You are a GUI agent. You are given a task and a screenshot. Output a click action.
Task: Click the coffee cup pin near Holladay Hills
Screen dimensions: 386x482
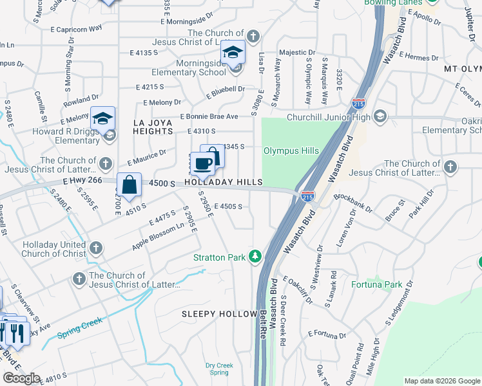203,164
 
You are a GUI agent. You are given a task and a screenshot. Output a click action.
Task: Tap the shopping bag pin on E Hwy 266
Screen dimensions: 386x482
129,185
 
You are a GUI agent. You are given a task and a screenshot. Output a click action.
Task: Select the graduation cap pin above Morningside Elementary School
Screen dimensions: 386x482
233,53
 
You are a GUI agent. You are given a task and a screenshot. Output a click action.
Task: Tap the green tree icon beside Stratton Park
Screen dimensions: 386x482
255,257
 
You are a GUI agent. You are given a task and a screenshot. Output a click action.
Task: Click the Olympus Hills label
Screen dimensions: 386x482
291,151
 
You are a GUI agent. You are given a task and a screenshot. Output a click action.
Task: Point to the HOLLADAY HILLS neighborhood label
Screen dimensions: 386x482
224,183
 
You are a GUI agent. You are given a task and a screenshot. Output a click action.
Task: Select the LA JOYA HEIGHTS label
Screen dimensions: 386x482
153,126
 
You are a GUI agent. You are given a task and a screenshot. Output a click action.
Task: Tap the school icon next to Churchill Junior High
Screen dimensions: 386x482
380,116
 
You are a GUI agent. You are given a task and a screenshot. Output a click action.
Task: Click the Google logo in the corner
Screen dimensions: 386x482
21,378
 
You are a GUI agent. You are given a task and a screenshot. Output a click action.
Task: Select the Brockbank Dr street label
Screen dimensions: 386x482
352,207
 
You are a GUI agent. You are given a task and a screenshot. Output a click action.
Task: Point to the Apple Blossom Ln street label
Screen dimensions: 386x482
159,237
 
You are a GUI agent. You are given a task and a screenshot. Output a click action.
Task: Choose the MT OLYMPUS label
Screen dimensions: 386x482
462,68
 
